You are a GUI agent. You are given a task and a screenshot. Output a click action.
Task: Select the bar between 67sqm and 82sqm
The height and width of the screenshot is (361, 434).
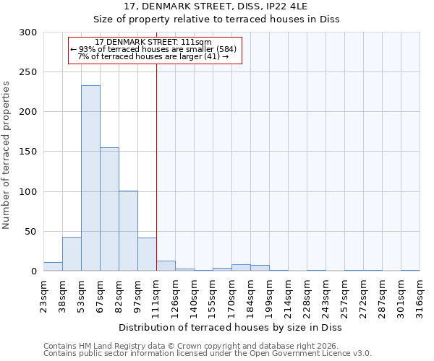point(109,209)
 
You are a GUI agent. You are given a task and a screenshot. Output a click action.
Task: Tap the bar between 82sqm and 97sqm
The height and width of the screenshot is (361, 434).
point(128,231)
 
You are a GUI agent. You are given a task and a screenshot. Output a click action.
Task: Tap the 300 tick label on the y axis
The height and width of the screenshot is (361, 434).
point(28,32)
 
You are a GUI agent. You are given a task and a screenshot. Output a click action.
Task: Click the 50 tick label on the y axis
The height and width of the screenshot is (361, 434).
point(31,232)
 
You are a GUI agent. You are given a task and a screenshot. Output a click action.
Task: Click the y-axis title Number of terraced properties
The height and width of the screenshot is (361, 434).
point(7,155)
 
